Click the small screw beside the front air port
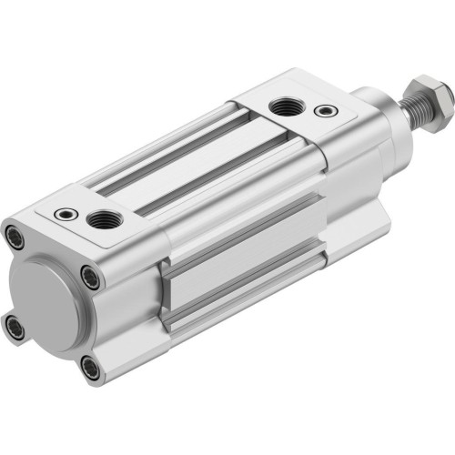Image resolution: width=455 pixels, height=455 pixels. pyautogui.click(x=322, y=112)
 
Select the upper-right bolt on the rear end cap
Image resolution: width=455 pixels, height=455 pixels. pyautogui.click(x=88, y=276)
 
